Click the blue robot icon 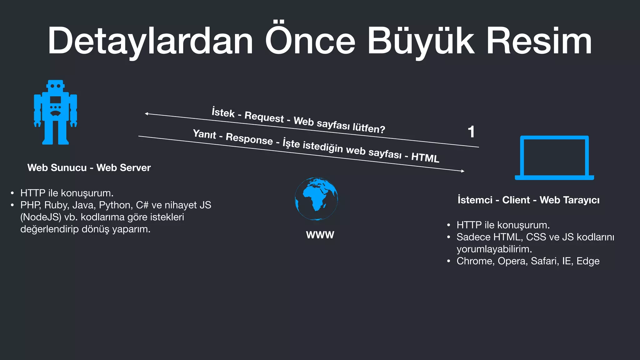pos(56,112)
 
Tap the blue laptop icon pos(554,158)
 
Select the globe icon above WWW pos(316,199)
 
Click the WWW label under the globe pos(320,235)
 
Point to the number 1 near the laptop pos(471,132)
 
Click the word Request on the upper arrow pos(264,117)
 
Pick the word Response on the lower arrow pos(249,139)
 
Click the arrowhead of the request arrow pos(146,114)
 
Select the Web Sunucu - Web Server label pos(89,167)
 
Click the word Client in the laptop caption pos(516,200)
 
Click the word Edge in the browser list pos(588,261)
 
